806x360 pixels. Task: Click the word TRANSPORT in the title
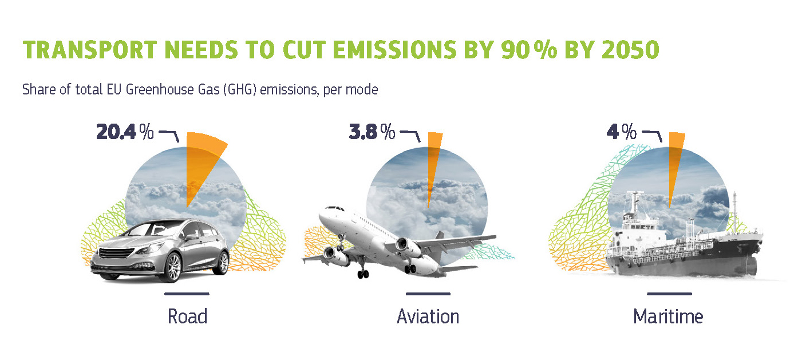[x=90, y=50]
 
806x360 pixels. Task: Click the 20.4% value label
[x=125, y=132]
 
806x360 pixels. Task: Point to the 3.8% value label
[x=372, y=132]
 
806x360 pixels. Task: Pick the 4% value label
[x=622, y=132]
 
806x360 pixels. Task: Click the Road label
[x=187, y=317]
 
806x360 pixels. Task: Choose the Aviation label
[x=428, y=317]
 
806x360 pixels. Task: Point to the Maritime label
[x=668, y=317]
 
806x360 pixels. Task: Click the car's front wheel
[x=173, y=267]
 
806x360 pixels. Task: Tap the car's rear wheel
[x=223, y=262]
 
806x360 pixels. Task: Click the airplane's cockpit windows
[x=335, y=208]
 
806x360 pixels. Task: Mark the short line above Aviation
[x=428, y=294]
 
